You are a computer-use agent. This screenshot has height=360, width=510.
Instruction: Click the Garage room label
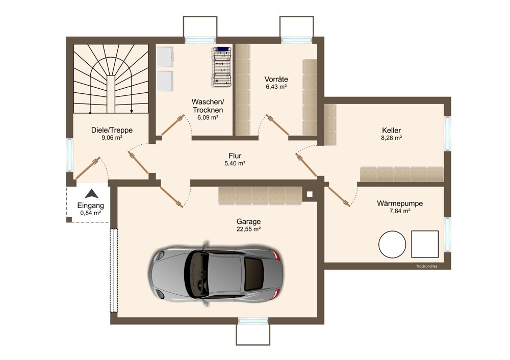point(248,221)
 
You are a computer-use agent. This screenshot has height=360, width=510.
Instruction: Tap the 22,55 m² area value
point(248,229)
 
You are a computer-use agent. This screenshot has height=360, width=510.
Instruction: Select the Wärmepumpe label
point(400,203)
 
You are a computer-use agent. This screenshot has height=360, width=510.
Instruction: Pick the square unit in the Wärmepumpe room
point(425,244)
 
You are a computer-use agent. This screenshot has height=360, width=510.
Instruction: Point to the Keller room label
point(391,131)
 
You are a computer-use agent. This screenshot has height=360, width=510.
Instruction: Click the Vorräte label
point(276,79)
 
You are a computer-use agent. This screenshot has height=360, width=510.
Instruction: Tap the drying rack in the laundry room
point(222,67)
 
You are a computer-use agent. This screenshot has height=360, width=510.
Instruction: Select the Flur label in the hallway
point(235,156)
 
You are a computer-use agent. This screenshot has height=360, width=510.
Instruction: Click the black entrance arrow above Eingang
point(91,194)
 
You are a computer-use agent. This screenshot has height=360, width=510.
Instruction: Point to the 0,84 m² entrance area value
point(90,213)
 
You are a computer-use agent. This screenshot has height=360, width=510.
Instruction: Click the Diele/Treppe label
point(112,130)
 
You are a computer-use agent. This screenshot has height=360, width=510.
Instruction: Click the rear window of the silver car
point(253,273)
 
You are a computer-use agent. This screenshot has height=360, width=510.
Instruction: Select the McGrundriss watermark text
point(427,266)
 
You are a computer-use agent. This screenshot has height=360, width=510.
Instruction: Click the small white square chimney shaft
point(310,194)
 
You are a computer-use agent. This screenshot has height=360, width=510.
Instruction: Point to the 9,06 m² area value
point(112,138)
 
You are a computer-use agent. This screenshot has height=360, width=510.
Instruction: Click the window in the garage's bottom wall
point(253,321)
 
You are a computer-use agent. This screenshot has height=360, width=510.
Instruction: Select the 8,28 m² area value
point(391,138)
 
